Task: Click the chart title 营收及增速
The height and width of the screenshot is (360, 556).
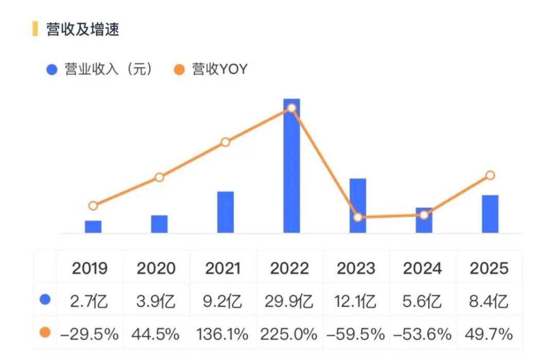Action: (82, 29)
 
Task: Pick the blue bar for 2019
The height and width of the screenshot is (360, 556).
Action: (93, 227)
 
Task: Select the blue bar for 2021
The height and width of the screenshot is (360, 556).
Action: (225, 212)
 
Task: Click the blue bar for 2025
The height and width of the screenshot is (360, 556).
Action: (490, 214)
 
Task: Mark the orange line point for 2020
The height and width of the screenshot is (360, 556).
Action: (159, 177)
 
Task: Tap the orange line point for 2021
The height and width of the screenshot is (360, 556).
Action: (225, 142)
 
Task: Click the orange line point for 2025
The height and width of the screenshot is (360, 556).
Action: (490, 176)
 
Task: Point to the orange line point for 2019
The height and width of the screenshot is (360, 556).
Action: (93, 205)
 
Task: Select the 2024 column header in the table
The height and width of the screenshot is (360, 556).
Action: (423, 268)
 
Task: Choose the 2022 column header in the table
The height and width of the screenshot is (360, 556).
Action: (290, 268)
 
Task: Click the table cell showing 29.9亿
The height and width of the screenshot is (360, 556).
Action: (290, 301)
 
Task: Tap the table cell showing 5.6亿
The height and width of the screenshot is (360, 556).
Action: (423, 301)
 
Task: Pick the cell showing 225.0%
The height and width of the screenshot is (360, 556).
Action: (290, 334)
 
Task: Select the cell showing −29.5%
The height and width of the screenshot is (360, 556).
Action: (90, 334)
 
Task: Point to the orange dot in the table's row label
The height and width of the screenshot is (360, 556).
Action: (45, 333)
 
